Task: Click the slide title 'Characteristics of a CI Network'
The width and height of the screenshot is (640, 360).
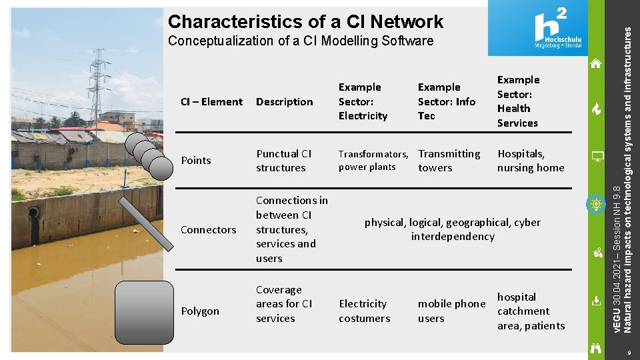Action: (x=305, y=21)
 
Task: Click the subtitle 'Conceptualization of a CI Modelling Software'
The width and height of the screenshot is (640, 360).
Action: (x=301, y=41)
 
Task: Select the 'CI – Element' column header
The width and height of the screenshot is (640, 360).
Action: (x=212, y=102)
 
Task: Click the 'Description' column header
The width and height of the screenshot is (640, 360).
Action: (x=284, y=102)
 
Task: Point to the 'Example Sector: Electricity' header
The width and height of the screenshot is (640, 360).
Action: (x=363, y=101)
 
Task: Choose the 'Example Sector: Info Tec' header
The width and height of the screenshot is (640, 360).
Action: (x=446, y=101)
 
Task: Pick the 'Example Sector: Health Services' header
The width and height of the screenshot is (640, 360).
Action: (x=518, y=101)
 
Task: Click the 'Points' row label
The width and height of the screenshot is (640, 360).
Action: (x=196, y=161)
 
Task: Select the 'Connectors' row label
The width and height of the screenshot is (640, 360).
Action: (x=209, y=230)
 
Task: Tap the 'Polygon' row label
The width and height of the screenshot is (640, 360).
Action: (x=200, y=311)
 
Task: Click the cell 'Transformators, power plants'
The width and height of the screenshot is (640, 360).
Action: (x=373, y=161)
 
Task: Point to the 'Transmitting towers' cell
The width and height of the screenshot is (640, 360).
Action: (x=449, y=161)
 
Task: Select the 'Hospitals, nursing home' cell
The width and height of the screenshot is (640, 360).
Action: (x=531, y=161)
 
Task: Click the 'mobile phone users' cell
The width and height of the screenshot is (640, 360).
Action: (x=451, y=311)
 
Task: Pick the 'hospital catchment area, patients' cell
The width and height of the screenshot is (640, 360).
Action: (x=531, y=311)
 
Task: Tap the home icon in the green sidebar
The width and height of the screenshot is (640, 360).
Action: (x=596, y=64)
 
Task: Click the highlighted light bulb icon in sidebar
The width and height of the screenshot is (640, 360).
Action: (x=596, y=204)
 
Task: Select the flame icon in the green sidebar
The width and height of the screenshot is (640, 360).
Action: (x=597, y=109)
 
